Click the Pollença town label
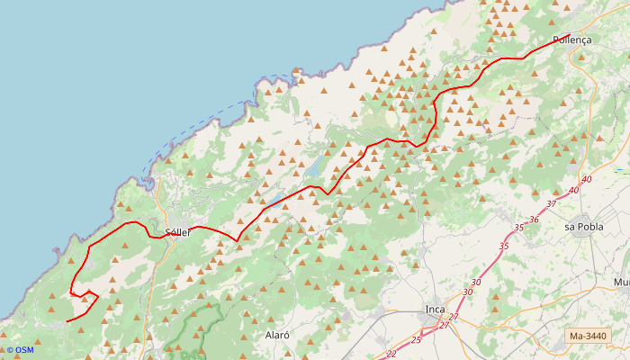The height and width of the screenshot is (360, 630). click(571, 40)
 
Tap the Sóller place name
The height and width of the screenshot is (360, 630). click(178, 232)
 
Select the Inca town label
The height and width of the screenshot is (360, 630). click(436, 310)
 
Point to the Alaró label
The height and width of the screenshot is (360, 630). click(277, 335)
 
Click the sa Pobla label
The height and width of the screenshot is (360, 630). click(583, 227)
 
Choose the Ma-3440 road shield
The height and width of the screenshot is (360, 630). click(588, 337)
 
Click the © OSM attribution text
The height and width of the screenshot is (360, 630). click(19, 350)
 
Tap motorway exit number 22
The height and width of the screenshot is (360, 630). click(391, 354)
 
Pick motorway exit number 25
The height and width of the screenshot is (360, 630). click(416, 340)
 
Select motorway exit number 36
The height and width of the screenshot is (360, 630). click(534, 220)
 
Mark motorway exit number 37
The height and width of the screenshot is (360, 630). click(552, 204)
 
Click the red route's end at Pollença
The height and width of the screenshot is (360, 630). click(570, 34)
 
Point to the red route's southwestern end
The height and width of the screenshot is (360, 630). click(67, 321)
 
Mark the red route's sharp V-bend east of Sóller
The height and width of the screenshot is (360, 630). click(236, 240)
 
